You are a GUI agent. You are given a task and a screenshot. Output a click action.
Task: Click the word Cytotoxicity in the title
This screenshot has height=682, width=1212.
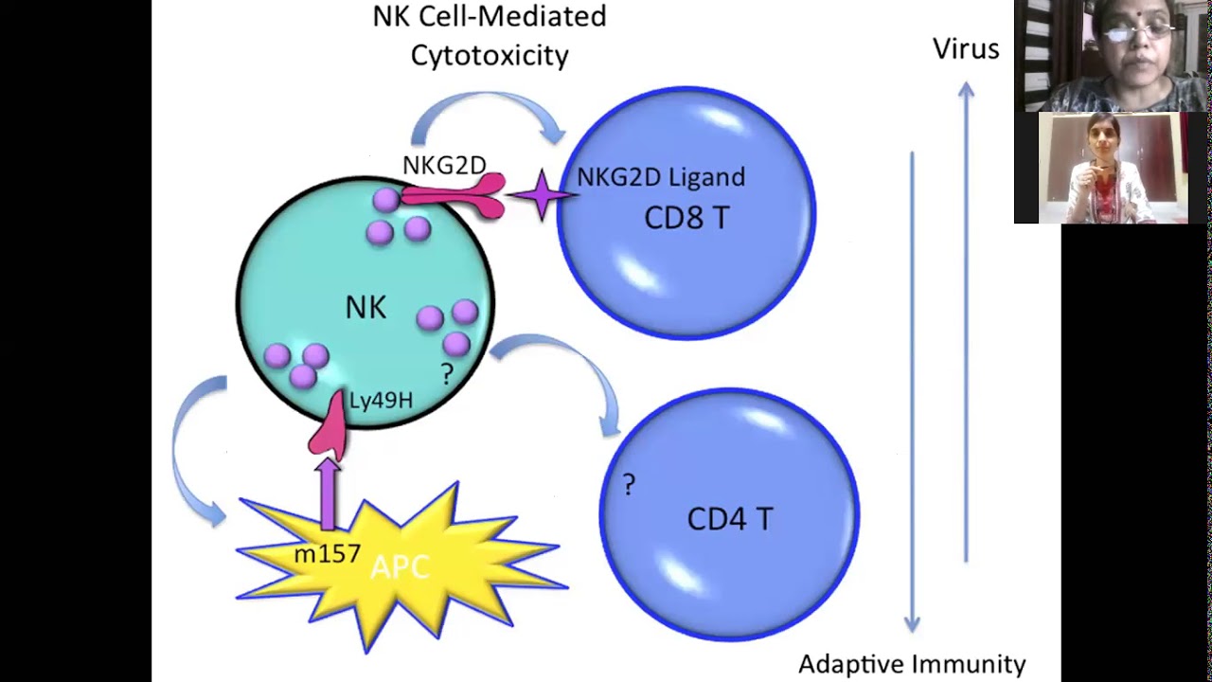point(490,55)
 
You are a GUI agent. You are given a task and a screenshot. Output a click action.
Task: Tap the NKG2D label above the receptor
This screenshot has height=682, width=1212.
point(443,166)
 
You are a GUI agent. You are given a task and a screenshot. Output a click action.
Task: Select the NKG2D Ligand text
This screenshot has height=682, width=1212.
point(661,177)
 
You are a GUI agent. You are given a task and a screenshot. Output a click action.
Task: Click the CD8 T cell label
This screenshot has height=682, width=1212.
point(686,218)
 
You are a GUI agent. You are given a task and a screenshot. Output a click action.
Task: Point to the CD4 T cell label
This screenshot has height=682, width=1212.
point(729,519)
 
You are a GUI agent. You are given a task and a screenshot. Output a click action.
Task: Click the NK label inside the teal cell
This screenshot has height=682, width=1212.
point(365,308)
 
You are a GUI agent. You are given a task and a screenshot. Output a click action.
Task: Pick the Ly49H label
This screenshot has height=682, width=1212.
point(381,401)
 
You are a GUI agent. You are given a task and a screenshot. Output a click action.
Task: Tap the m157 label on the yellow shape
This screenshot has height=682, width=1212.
point(327,554)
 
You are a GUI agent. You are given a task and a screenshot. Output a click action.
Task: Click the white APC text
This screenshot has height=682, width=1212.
point(400,566)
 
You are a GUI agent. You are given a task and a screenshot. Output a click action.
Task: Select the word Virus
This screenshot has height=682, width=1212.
point(966,49)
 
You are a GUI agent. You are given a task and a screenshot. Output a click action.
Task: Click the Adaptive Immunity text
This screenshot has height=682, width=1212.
point(912,664)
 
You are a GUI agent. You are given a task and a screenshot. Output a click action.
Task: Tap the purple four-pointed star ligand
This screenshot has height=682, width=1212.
point(542,195)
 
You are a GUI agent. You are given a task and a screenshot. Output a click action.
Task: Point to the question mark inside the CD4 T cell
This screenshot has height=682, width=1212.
point(629,486)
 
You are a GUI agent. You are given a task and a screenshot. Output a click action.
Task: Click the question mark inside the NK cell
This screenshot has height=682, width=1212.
point(447,374)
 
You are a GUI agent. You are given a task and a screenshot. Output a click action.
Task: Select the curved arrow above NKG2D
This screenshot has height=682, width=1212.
point(488,113)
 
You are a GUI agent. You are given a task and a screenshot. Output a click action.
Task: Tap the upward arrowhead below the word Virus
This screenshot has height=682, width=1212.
point(966,90)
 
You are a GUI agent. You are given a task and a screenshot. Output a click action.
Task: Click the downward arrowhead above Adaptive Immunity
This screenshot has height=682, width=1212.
point(912,622)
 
